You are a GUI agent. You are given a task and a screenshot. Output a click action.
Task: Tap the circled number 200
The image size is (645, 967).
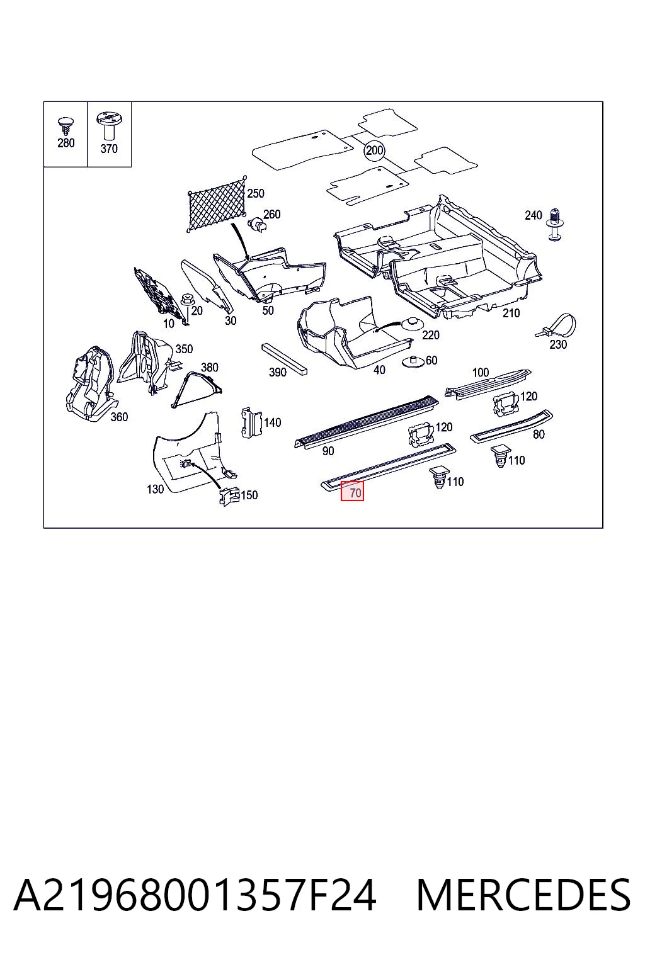tap(375, 150)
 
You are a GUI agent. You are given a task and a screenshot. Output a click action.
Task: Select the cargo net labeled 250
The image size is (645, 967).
tap(217, 205)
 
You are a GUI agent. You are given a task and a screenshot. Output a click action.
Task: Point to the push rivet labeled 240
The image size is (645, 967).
tap(556, 224)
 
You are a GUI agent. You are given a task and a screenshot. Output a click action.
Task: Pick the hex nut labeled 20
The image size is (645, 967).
tap(186, 298)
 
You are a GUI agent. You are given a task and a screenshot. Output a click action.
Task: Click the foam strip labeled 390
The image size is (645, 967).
tap(284, 359)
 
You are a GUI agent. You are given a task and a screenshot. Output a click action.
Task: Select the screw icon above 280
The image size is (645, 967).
tap(66, 126)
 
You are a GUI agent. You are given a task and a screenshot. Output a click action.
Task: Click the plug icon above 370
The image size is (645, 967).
tap(109, 126)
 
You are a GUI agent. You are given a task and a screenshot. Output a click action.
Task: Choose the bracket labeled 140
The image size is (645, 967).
tap(251, 422)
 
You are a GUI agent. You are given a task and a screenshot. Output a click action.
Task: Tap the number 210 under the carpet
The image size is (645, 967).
tap(511, 314)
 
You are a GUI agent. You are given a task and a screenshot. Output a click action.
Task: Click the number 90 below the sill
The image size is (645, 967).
tap(328, 451)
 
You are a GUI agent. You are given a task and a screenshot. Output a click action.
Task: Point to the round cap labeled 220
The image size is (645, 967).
tap(411, 324)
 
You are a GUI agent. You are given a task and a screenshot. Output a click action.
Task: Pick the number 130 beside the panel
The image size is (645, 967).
tap(155, 489)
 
